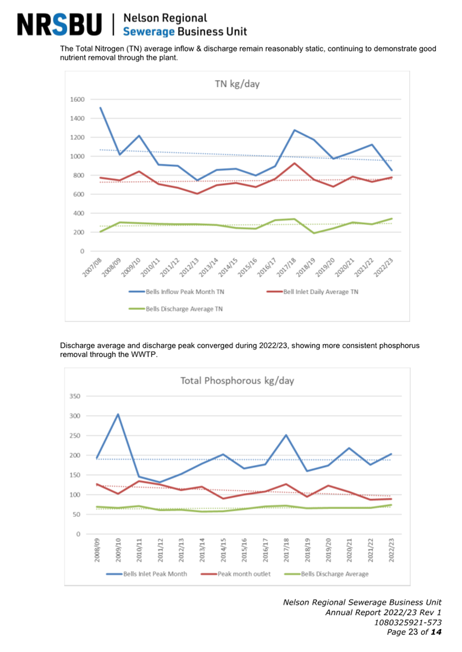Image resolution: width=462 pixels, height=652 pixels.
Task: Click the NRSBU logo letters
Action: tap(60, 25)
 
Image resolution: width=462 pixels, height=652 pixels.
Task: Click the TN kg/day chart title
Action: tap(237, 84)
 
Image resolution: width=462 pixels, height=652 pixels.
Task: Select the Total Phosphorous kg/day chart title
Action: tap(237, 381)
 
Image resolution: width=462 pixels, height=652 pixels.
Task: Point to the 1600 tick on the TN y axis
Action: tap(77, 100)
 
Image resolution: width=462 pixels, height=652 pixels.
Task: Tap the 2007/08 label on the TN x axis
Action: tap(93, 267)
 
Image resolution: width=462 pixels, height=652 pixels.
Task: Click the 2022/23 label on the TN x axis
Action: tap(384, 267)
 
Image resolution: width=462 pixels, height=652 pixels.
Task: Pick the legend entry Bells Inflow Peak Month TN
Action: tap(176, 292)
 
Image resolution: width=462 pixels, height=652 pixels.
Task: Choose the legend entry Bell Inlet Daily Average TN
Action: tap(313, 292)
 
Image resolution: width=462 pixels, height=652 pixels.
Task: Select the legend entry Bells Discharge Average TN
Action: tap(176, 309)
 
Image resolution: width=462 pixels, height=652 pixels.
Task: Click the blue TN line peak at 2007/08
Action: tap(100, 108)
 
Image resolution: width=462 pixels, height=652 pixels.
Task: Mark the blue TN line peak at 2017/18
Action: tap(294, 130)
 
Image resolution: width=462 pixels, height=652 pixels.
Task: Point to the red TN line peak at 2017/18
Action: tap(294, 163)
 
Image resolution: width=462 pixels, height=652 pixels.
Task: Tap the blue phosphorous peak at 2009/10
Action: tap(118, 414)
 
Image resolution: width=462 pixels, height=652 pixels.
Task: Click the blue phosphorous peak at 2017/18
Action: tap(286, 435)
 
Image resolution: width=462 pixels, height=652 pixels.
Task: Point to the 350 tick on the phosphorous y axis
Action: tap(75, 396)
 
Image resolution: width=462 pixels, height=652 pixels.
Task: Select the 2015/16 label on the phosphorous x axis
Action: tap(244, 550)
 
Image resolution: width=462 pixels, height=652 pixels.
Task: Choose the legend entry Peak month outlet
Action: tap(236, 574)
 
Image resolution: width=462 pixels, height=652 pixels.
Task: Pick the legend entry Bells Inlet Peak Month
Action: tap(147, 574)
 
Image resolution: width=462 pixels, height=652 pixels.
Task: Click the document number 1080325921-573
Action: tap(408, 622)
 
